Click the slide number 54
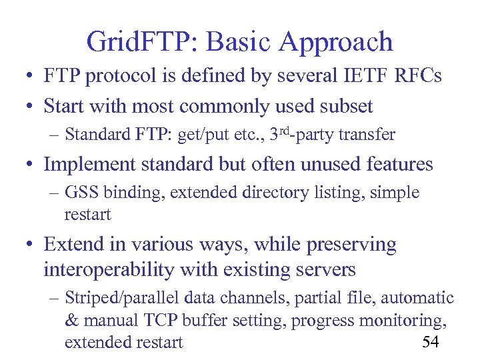point(431,342)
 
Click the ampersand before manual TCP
point(72,321)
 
